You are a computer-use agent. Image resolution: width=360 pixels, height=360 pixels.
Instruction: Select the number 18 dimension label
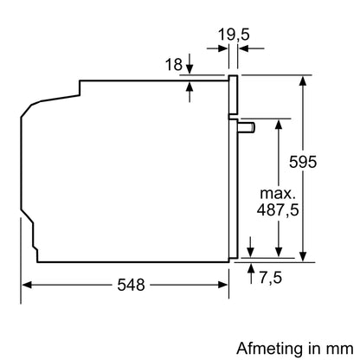pyautogui.click(x=172, y=64)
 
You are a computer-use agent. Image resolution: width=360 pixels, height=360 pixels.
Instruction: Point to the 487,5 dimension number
pyautogui.click(x=280, y=211)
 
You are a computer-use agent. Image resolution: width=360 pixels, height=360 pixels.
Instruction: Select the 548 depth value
pyautogui.click(x=131, y=284)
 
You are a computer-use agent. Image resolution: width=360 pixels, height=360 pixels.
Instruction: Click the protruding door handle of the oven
pyautogui.click(x=247, y=127)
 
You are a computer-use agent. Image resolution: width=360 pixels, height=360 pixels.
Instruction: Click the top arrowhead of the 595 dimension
pyautogui.click(x=304, y=80)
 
